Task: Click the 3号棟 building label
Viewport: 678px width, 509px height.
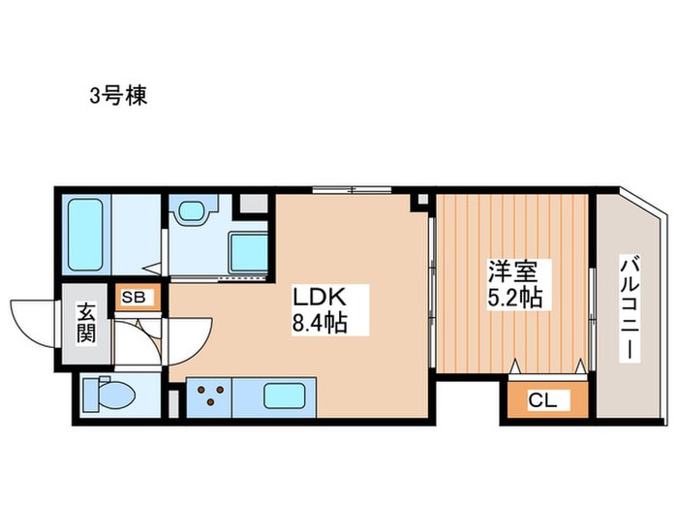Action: point(118,96)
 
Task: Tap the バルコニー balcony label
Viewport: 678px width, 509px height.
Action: point(630,308)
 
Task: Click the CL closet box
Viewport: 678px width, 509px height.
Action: point(536,398)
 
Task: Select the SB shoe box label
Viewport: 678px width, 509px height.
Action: point(134,298)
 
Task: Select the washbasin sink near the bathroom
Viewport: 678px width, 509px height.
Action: point(191,210)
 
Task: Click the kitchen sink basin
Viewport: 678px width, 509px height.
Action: point(287,395)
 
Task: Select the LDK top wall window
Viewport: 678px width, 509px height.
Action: point(352,188)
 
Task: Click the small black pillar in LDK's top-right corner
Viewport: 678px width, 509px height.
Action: point(420,201)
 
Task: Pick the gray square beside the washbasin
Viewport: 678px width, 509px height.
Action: point(253,205)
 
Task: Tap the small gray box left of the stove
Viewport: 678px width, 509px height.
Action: point(174,398)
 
